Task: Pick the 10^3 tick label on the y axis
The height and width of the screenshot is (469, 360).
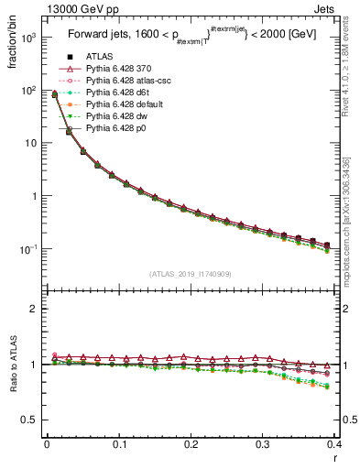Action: point(28,38)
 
